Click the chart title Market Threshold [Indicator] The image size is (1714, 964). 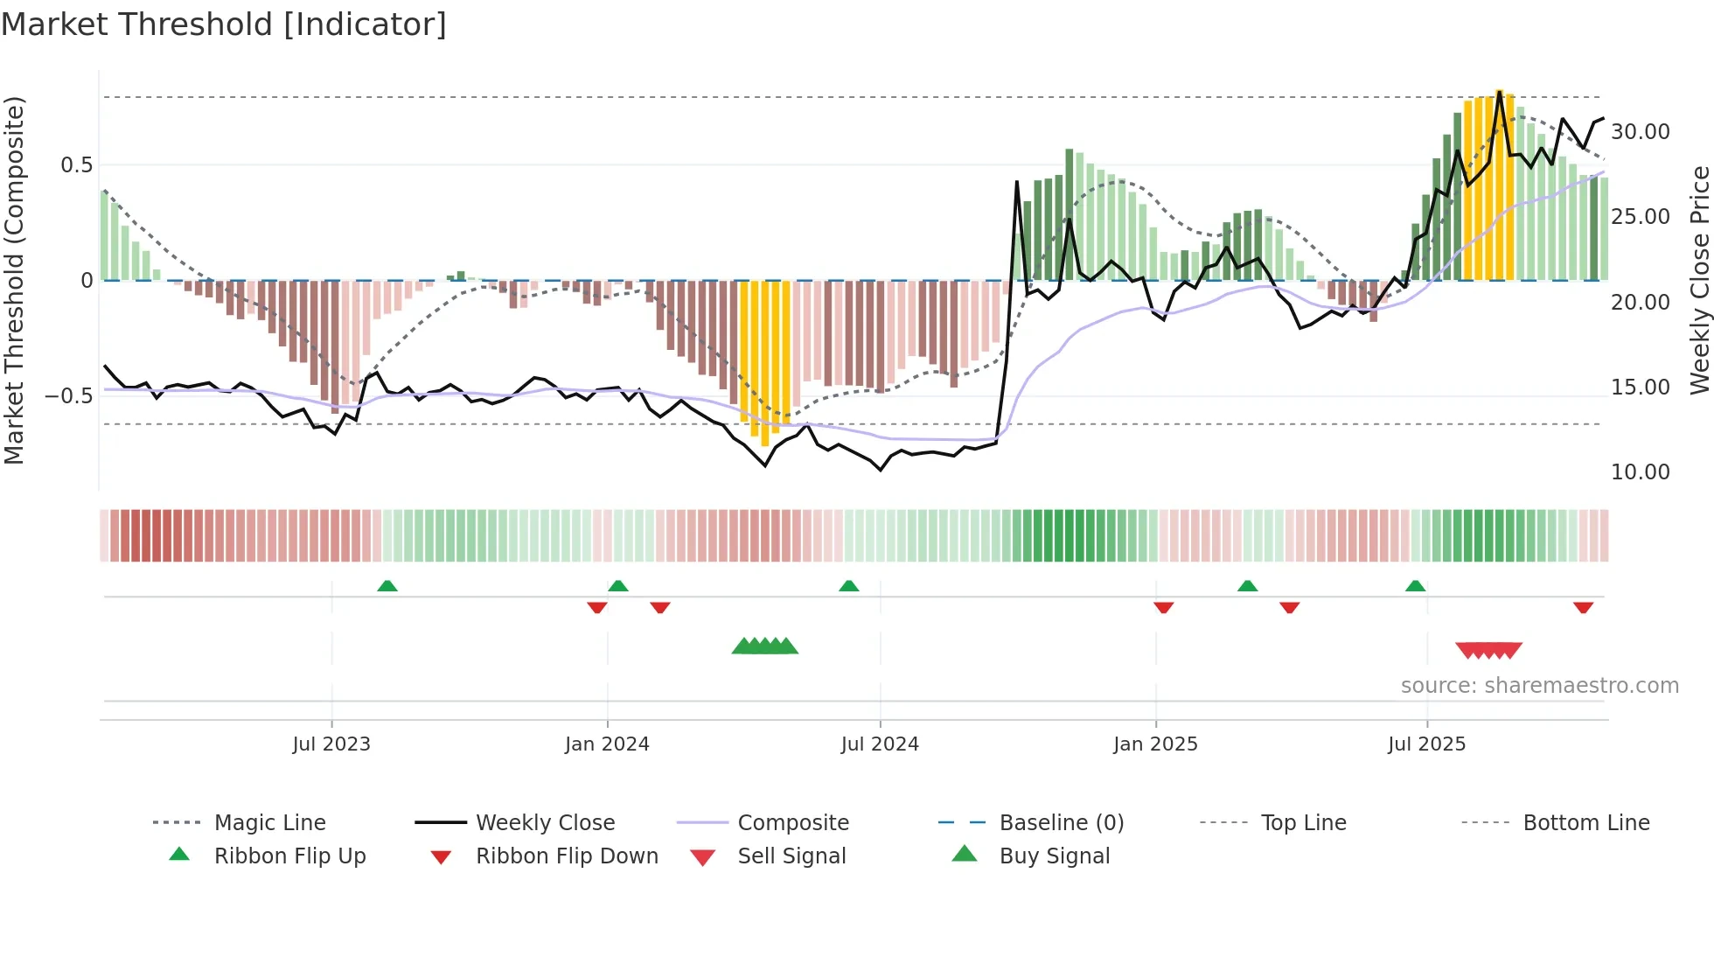(x=224, y=24)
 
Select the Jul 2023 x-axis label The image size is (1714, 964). (x=331, y=744)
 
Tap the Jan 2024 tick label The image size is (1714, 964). (x=607, y=744)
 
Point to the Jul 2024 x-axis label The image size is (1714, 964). (x=880, y=744)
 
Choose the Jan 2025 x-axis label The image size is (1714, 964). (x=1155, y=744)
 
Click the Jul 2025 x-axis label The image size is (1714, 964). (x=1426, y=744)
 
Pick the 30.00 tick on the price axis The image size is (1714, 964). (x=1640, y=132)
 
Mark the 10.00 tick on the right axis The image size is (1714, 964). (x=1640, y=472)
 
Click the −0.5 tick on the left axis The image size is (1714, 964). (x=69, y=396)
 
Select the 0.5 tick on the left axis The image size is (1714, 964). (x=76, y=165)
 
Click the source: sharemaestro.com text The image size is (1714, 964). (x=1539, y=686)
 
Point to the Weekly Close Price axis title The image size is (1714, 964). (x=1699, y=280)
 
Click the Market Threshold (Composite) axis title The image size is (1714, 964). (x=14, y=280)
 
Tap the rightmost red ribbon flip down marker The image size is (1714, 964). (x=1583, y=607)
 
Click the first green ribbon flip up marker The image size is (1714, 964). (x=387, y=586)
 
